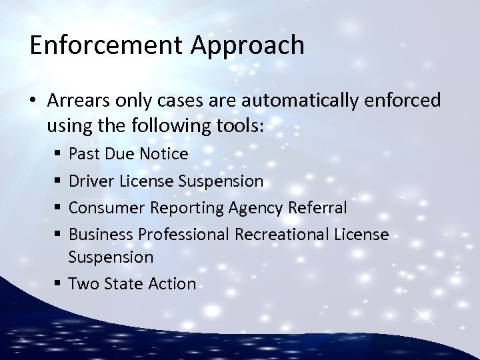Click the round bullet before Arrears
pos(34,100)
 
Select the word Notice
pos(165,155)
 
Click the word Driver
pos(90,181)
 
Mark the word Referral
pos(319,208)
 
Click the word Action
pos(171,283)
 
